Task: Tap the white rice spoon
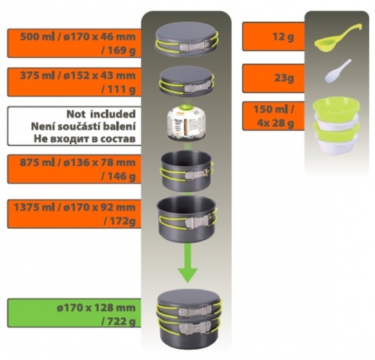335,73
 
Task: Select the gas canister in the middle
187,123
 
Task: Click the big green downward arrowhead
187,275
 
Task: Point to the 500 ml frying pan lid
187,39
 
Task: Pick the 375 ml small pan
187,80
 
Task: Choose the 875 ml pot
187,170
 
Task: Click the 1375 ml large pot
187,219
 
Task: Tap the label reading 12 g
283,37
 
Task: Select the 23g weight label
283,79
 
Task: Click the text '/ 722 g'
118,321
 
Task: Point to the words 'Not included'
101,114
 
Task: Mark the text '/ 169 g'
118,51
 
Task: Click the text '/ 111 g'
118,89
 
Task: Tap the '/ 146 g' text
118,176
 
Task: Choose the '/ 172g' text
119,221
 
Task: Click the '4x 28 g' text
275,123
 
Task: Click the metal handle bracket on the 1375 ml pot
199,221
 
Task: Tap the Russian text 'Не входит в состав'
85,139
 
